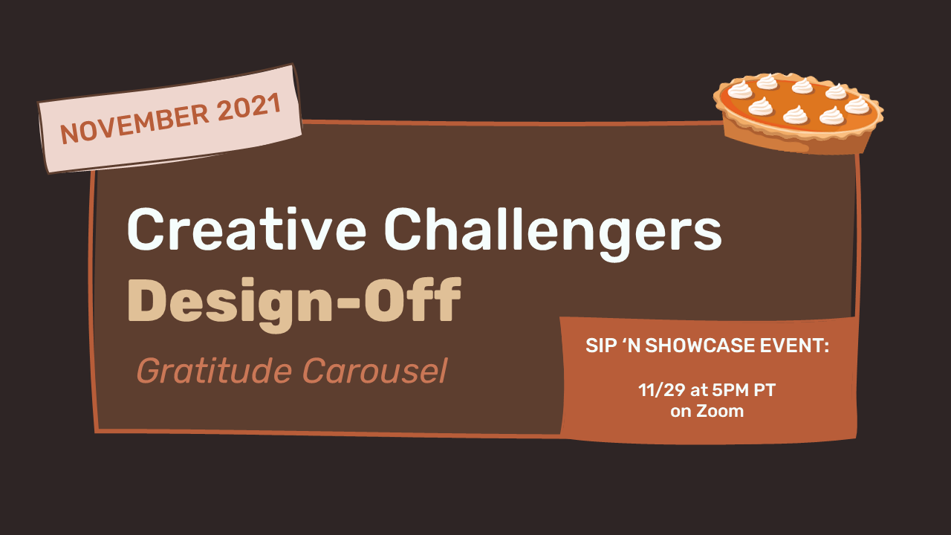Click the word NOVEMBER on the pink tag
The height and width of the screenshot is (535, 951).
134,123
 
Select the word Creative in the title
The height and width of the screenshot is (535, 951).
246,230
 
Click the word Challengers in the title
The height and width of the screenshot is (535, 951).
553,234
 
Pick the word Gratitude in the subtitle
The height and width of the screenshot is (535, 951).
213,371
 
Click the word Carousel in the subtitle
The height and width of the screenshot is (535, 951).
375,371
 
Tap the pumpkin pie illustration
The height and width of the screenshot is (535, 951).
798,112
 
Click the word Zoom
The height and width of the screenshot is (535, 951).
720,411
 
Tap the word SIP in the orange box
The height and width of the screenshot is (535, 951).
599,346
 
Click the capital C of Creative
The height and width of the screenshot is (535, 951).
145,230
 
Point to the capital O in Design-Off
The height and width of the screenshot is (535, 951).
383,299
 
